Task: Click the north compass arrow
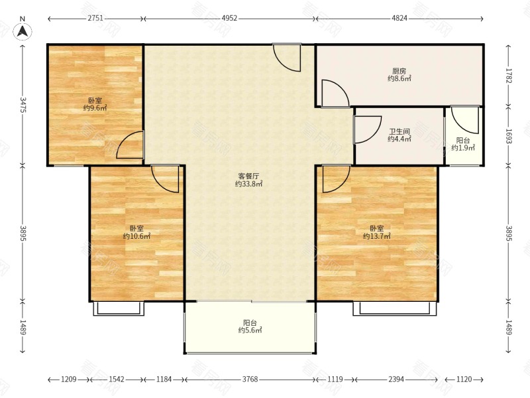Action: (23, 31)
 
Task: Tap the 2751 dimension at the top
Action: (95, 19)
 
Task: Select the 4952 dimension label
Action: (229, 19)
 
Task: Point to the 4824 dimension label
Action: (399, 19)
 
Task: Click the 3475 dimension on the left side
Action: (23, 105)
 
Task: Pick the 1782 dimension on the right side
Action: (509, 75)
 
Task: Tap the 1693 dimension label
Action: (509, 135)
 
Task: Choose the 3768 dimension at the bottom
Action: (250, 379)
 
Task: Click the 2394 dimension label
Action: (396, 379)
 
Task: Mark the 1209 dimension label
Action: (69, 379)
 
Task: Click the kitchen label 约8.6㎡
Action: (399, 79)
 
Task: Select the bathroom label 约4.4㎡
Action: (399, 139)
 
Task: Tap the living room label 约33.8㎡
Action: (249, 184)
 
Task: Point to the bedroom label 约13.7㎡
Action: (376, 236)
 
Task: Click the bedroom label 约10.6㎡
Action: (136, 236)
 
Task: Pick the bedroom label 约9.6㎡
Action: (95, 108)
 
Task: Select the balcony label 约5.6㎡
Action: (250, 330)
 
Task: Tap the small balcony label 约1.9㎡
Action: (463, 148)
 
